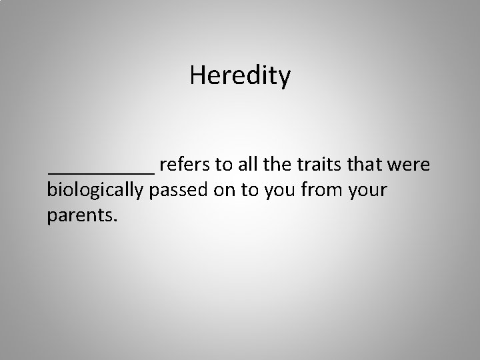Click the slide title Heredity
pos(240,76)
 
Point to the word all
pos(241,165)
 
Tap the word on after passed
pos(221,191)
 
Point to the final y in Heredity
pos(284,79)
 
